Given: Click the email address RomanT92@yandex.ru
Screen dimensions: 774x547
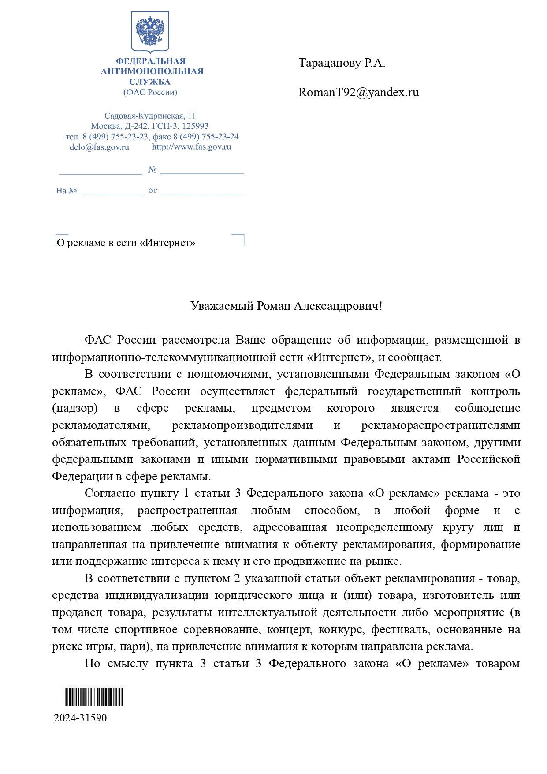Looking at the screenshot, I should (x=358, y=92).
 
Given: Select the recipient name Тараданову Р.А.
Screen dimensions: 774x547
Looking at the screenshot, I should (x=342, y=63).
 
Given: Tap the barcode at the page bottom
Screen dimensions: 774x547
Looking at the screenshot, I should (x=94, y=698).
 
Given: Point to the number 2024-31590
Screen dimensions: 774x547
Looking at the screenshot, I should (x=80, y=718).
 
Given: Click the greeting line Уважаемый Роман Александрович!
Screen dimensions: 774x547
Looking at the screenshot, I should (x=286, y=306).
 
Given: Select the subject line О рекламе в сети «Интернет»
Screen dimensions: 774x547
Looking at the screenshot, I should (x=126, y=243).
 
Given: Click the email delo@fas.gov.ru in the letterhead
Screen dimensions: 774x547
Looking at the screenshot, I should (x=99, y=147).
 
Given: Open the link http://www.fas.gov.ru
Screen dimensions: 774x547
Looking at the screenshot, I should (x=191, y=147).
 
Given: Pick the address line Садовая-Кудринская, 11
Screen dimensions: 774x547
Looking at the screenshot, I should (x=150, y=116).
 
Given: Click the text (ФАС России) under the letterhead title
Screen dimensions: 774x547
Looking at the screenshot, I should (x=150, y=92).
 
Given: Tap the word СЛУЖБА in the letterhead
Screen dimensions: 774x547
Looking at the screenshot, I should (x=150, y=82).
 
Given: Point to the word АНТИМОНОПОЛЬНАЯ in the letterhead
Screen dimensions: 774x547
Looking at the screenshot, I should (x=152, y=71).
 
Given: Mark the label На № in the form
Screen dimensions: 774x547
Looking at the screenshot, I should (x=67, y=191).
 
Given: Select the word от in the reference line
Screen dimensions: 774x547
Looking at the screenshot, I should (x=153, y=190).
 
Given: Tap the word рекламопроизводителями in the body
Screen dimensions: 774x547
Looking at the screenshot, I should (x=242, y=425).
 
